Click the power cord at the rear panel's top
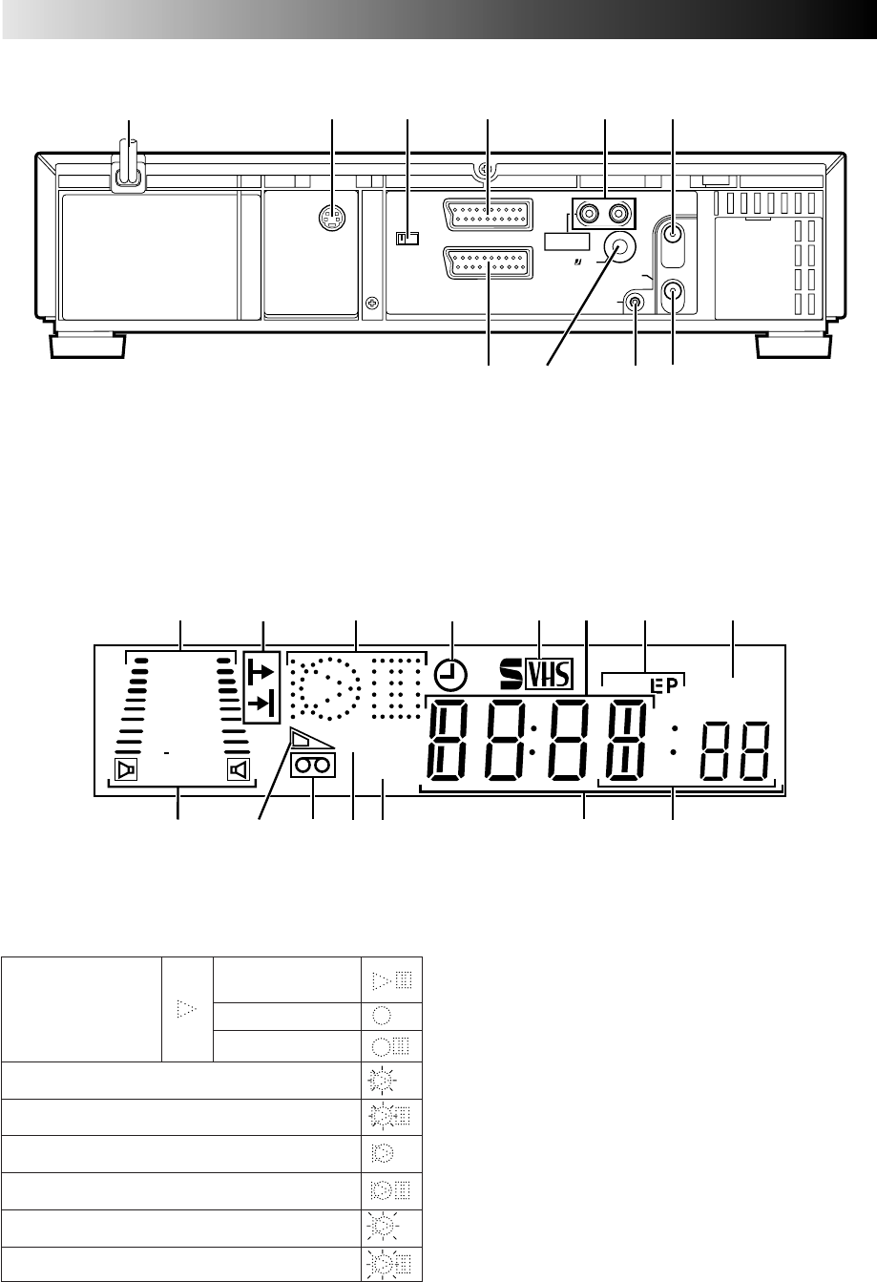point(129,167)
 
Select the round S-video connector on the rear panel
point(332,218)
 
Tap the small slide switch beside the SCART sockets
point(407,238)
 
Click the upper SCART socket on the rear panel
point(488,215)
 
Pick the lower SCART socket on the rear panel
point(488,263)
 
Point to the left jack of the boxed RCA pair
point(588,214)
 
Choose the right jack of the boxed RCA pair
point(619,214)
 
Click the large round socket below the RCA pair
point(620,247)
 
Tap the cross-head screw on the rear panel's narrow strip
point(372,302)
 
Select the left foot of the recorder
point(88,347)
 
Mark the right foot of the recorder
point(794,347)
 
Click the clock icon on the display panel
point(450,675)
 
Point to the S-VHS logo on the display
point(536,674)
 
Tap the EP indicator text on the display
point(665,685)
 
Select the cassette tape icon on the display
point(313,766)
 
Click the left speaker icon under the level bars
point(126,769)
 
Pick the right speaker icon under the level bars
point(238,769)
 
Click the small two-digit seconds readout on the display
point(735,751)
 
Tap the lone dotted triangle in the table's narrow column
point(186,1008)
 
